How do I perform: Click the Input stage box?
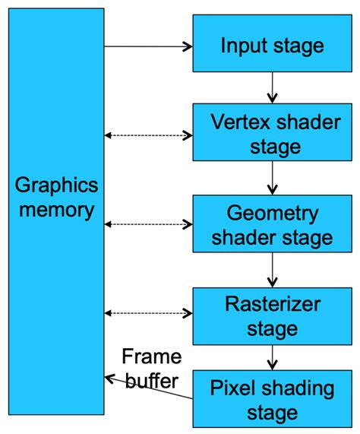tap(272, 46)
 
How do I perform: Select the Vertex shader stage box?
tap(272, 134)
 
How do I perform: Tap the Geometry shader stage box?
tap(272, 224)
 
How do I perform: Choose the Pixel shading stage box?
tap(272, 400)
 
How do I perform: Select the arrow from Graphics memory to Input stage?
tap(148, 46)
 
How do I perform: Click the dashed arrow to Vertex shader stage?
tap(148, 135)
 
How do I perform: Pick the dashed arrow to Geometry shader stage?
tap(148, 224)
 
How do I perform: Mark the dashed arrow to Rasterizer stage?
tap(148, 312)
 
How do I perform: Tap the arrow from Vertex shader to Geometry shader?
tap(272, 178)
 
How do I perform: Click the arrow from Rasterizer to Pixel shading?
tap(272, 356)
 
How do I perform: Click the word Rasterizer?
tap(272, 305)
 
